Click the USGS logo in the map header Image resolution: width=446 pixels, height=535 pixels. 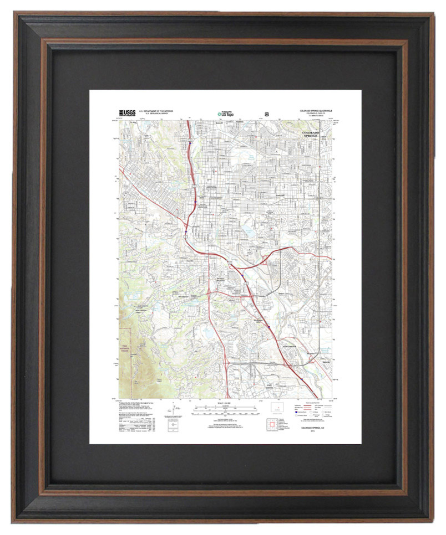127,112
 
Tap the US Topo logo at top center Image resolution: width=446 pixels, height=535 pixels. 225,114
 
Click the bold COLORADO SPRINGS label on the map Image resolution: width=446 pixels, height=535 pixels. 311,135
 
